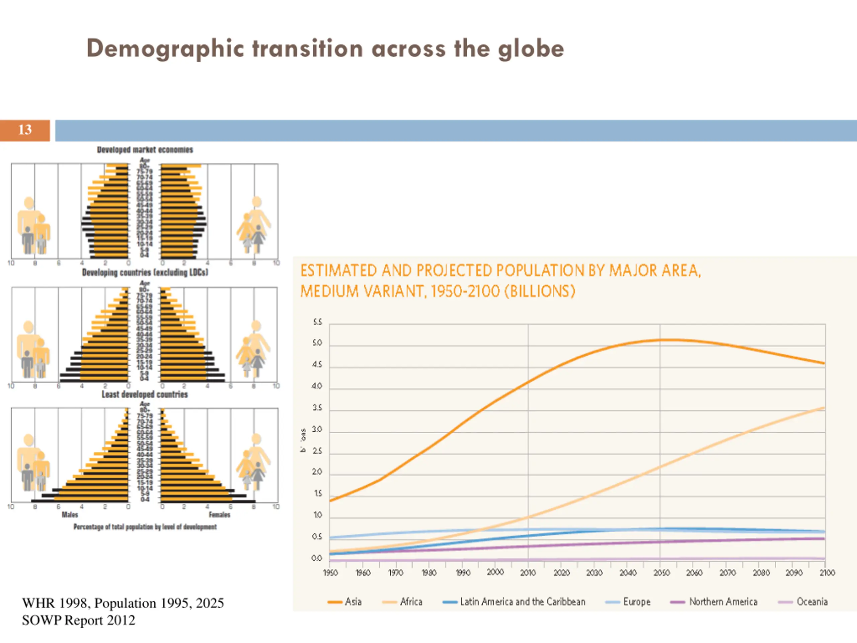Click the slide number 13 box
pyautogui.click(x=25, y=130)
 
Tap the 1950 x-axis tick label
pyautogui.click(x=330, y=572)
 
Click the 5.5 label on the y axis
pyautogui.click(x=317, y=322)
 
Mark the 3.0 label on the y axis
pyautogui.click(x=317, y=430)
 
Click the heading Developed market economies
pyautogui.click(x=145, y=150)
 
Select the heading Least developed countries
pyautogui.click(x=145, y=394)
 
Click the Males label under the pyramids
pyautogui.click(x=70, y=515)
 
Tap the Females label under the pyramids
pyautogui.click(x=219, y=515)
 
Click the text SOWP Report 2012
pyautogui.click(x=79, y=620)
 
